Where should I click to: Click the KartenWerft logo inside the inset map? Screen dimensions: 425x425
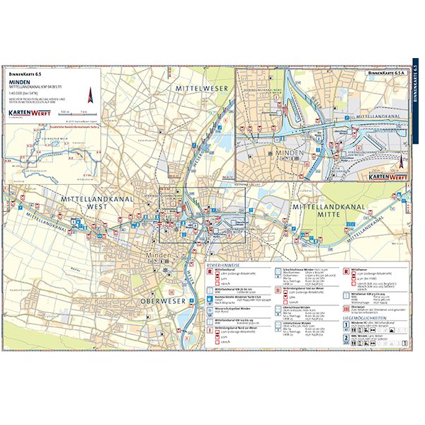point(390,175)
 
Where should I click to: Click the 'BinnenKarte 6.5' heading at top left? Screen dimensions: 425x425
point(25,73)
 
